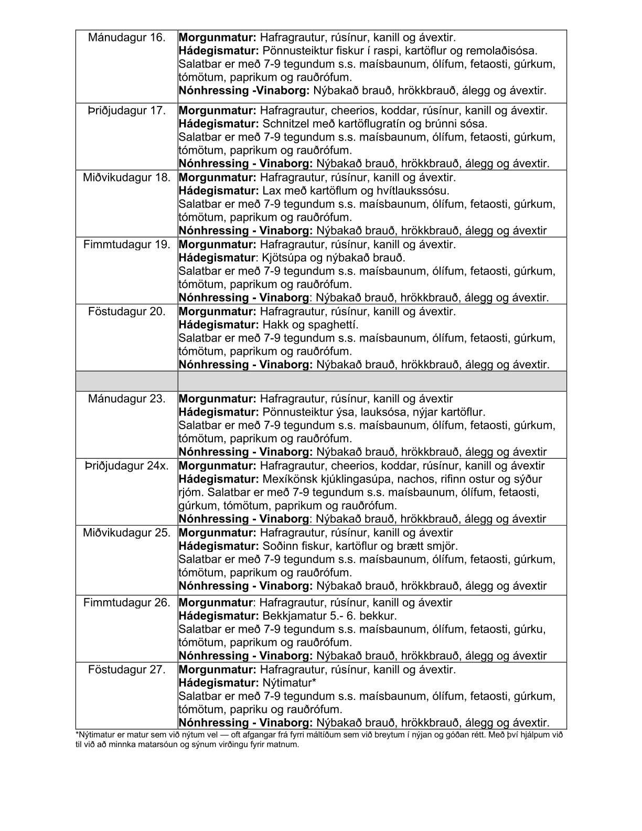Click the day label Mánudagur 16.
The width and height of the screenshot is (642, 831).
pos(127,37)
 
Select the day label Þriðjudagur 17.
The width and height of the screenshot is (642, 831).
pos(127,111)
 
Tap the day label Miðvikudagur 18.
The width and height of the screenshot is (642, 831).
pos(127,177)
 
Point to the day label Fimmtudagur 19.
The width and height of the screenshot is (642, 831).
pos(127,244)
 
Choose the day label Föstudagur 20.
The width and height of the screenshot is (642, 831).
pos(127,312)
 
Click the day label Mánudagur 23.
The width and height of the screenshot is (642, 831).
pos(127,399)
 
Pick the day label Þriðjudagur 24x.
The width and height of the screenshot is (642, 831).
pos(127,466)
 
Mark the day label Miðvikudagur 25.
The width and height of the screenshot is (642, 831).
pos(127,533)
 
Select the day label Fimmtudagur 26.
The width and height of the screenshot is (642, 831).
pos(127,603)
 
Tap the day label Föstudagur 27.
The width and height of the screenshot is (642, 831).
pos(127,670)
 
